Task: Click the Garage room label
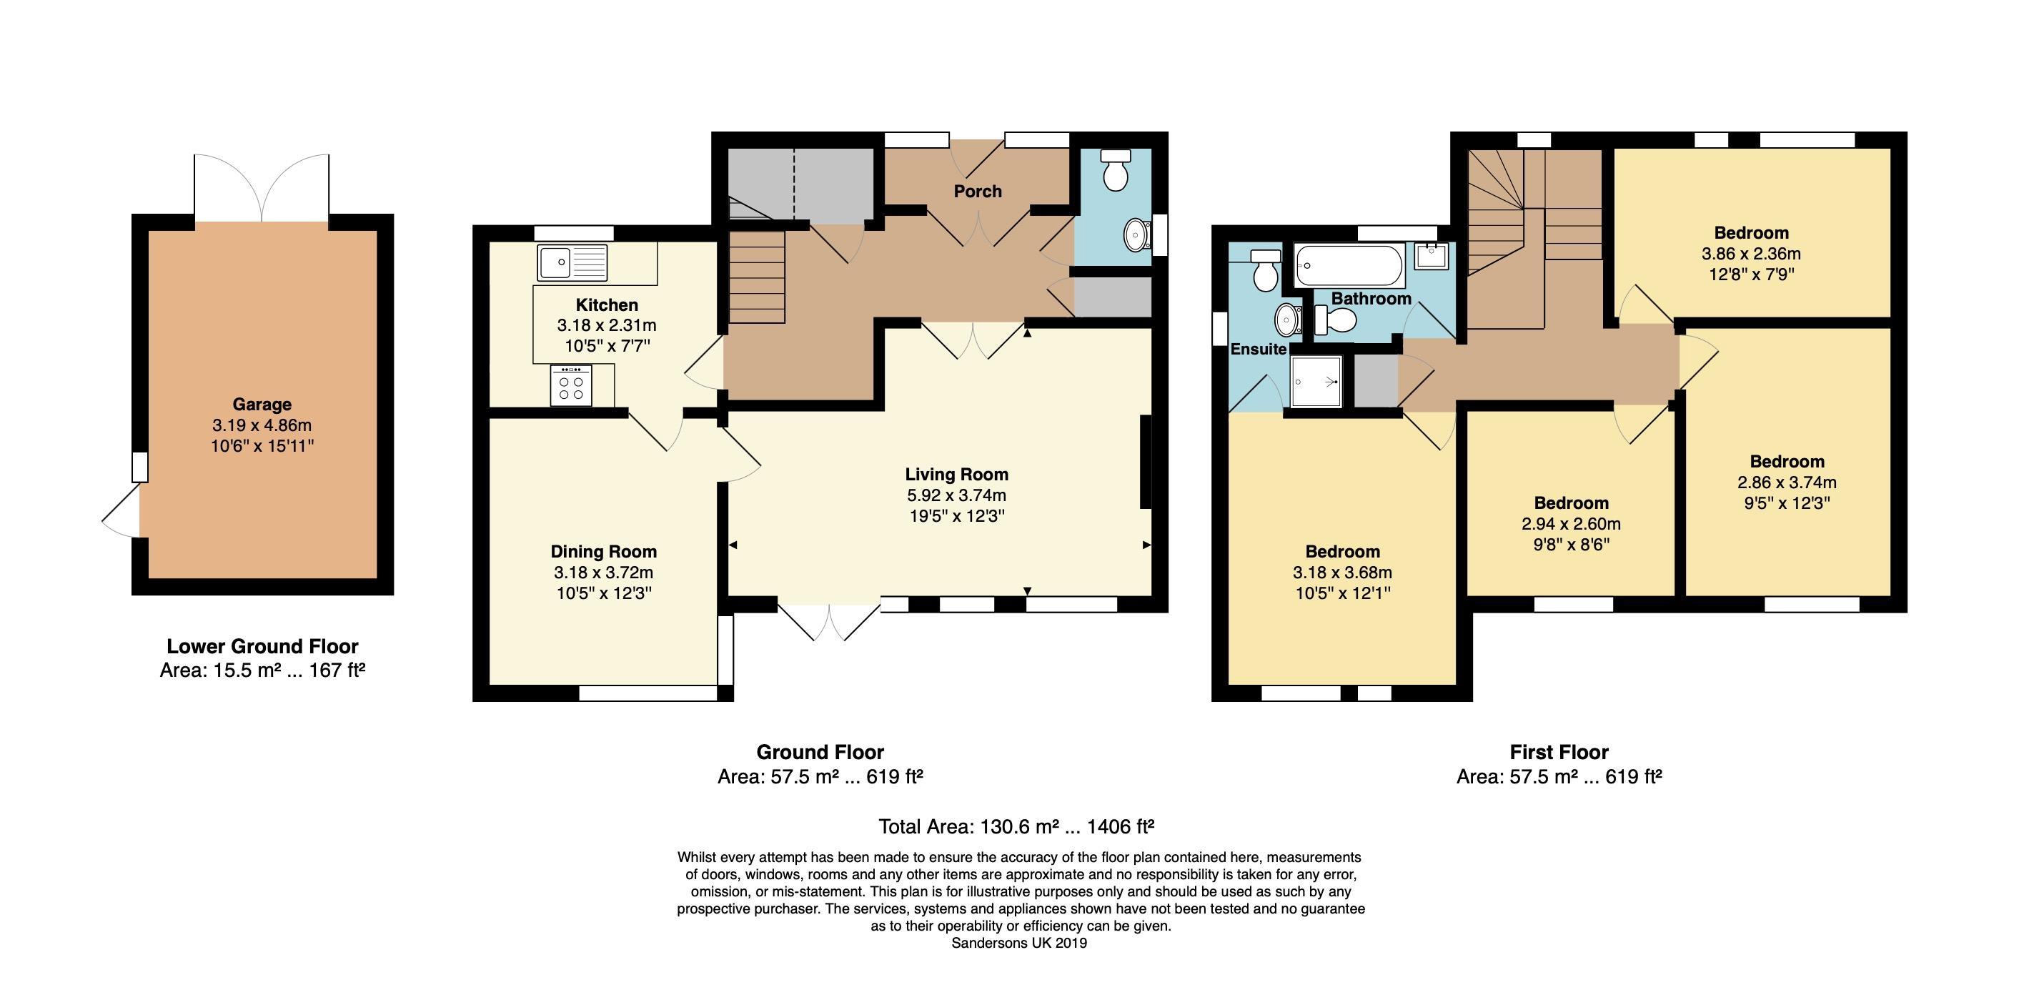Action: click(x=262, y=404)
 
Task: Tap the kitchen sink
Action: click(x=572, y=262)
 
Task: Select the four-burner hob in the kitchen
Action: click(x=571, y=385)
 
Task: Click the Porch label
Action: click(x=978, y=191)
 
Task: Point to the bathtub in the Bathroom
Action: click(x=1349, y=265)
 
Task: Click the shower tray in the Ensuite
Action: click(x=1316, y=382)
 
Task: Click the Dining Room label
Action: click(x=604, y=551)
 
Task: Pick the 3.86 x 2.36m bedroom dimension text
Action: click(x=1751, y=254)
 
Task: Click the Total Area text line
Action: click(x=1016, y=827)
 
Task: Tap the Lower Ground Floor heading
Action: click(x=262, y=646)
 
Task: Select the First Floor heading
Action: click(x=1559, y=751)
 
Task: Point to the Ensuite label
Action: click(x=1258, y=350)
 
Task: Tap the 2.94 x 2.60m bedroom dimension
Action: click(x=1571, y=524)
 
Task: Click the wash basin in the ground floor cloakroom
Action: click(x=1138, y=234)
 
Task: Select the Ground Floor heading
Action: click(x=820, y=751)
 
